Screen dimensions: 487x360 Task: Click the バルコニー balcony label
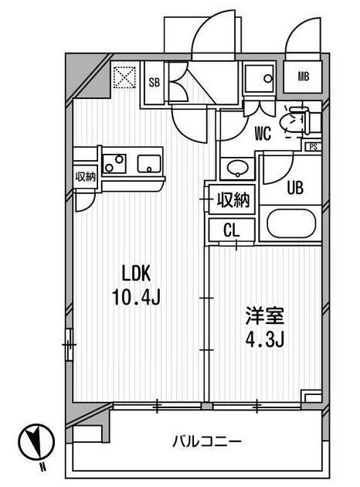point(206,441)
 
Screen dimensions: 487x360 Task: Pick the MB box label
point(304,76)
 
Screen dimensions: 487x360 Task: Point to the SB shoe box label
point(154,82)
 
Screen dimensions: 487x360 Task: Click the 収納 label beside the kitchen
point(85,176)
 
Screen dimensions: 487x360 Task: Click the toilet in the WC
point(293,120)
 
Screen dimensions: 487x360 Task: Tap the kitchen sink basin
point(148,163)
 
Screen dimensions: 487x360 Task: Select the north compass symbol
point(36,441)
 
